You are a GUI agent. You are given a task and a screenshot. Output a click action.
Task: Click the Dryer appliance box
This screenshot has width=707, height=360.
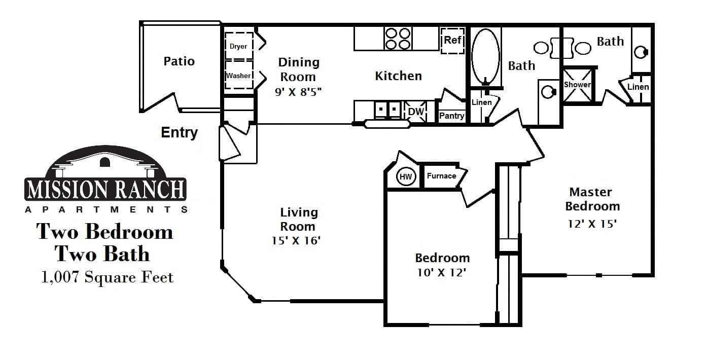(238, 46)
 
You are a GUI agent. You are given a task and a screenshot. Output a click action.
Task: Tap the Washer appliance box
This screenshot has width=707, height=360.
(238, 76)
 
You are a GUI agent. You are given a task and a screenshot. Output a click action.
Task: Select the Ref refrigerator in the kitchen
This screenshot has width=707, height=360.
(452, 40)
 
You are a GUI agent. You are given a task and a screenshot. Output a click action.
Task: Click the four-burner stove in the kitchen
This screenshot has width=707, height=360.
(398, 39)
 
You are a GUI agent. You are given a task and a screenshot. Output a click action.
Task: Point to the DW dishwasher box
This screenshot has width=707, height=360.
(416, 112)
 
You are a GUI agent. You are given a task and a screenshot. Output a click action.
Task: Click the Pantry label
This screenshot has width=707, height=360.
(451, 116)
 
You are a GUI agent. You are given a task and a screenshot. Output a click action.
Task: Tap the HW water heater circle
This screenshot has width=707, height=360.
(406, 176)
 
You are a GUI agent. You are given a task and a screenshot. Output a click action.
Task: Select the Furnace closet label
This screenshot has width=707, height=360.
(441, 176)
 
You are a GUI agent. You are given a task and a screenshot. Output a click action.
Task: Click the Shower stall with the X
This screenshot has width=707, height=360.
(578, 85)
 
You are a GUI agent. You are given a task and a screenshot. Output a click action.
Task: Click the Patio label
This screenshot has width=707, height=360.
(179, 61)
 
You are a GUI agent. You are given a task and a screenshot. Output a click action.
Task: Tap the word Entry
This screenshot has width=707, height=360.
(179, 133)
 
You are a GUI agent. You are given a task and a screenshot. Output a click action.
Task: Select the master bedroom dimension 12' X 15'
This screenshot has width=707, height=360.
(592, 223)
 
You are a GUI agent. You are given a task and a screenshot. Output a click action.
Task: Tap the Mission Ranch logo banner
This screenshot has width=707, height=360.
(106, 189)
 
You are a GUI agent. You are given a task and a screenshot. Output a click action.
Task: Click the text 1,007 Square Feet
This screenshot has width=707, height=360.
(108, 277)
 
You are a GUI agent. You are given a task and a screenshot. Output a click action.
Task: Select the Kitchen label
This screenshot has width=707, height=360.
(398, 76)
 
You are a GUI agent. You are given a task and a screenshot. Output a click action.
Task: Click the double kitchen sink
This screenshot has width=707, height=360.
(388, 110)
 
